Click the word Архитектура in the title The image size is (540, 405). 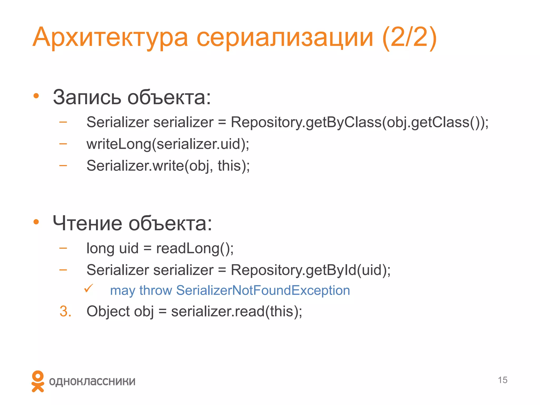(x=110, y=37)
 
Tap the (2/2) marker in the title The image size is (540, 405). (x=409, y=37)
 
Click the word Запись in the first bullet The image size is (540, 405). (x=87, y=97)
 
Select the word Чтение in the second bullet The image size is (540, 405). (x=87, y=223)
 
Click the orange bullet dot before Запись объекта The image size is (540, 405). (x=36, y=96)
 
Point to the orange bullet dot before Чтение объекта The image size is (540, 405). (x=36, y=222)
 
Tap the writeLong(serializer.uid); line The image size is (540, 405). (x=168, y=144)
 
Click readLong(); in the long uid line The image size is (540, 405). (x=195, y=248)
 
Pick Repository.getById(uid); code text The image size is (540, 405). (x=311, y=270)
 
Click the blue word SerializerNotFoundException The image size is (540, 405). (x=263, y=290)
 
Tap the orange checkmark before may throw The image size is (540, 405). (x=88, y=288)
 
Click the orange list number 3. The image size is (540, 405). (x=65, y=311)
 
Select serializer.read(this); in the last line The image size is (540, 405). (x=237, y=311)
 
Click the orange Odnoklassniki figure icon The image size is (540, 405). (x=38, y=381)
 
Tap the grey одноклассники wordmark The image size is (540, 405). (x=92, y=381)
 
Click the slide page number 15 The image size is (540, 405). (x=503, y=380)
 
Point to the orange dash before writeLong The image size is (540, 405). (x=63, y=144)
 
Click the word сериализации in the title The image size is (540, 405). (x=285, y=37)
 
